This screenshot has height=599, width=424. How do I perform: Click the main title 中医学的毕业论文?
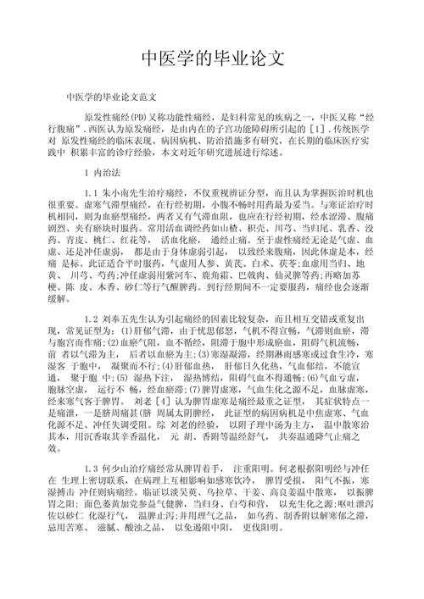tap(211, 58)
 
